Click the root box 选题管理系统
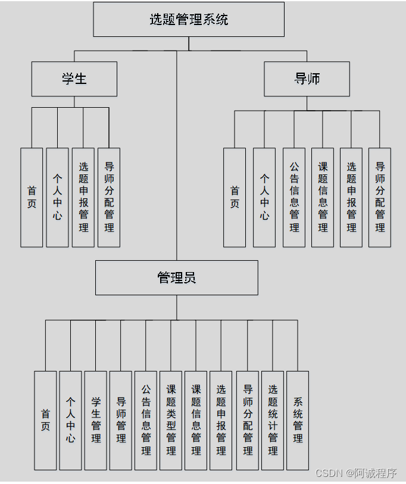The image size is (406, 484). pos(189,19)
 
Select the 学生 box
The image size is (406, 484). pos(74,79)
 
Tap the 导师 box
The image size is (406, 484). pos(307,79)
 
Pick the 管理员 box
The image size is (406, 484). pos(177,277)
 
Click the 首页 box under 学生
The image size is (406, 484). pos(32,197)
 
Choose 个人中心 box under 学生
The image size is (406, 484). pos(57,197)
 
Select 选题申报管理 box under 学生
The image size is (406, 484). pos(83,197)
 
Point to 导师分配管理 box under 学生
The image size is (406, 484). pos(109,197)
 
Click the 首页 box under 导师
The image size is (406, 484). pos(235,197)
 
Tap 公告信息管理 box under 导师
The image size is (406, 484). pos(294,197)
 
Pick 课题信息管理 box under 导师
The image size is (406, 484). pos(323,197)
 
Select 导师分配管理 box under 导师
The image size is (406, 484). pos(380,197)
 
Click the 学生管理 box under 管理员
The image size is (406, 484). pos(96,420)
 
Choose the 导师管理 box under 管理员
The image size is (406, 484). pos(121,420)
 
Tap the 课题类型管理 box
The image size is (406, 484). pos(171,420)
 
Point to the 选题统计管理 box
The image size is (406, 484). pos(273,420)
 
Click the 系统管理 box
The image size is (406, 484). pos(298,420)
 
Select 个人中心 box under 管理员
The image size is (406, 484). pos(70,420)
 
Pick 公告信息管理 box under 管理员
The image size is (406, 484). pos(146,420)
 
